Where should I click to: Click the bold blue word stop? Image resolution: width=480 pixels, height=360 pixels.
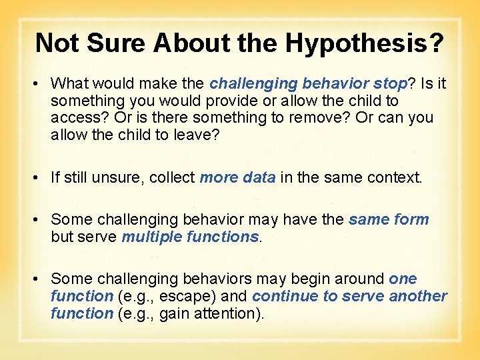tap(390, 83)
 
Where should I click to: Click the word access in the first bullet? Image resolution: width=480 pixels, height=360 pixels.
tap(73, 118)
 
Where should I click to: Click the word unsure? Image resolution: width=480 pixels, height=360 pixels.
tap(119, 178)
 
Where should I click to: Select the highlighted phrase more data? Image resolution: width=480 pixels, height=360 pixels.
tap(237, 178)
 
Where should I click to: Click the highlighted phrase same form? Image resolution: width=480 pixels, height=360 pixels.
tap(389, 219)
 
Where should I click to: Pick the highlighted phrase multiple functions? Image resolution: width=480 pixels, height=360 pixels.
tap(190, 237)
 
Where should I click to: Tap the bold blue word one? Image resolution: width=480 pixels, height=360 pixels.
tap(403, 279)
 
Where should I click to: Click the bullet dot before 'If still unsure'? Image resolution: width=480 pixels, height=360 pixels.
tap(40, 178)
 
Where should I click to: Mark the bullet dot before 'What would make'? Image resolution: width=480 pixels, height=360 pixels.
tap(40, 84)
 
